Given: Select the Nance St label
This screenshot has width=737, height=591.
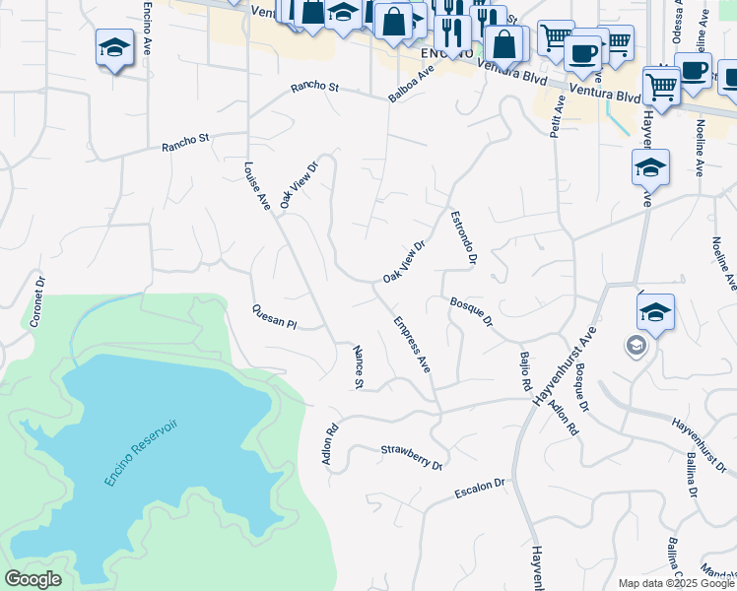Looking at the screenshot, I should tap(359, 367).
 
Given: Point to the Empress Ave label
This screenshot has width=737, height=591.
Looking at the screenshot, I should tap(412, 344).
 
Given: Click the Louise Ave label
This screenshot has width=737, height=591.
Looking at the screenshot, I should tap(257, 186).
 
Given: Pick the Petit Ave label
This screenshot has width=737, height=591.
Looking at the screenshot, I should tap(559, 116).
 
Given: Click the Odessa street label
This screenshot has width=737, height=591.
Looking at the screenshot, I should tap(677, 20).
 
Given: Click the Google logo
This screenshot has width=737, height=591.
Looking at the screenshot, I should tap(33, 579).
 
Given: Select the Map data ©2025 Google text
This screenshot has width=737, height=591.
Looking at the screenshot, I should tap(676, 583).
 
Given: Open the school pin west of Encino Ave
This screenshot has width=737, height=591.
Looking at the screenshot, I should tap(114, 46).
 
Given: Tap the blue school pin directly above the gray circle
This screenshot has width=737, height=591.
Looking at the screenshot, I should tap(655, 312).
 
